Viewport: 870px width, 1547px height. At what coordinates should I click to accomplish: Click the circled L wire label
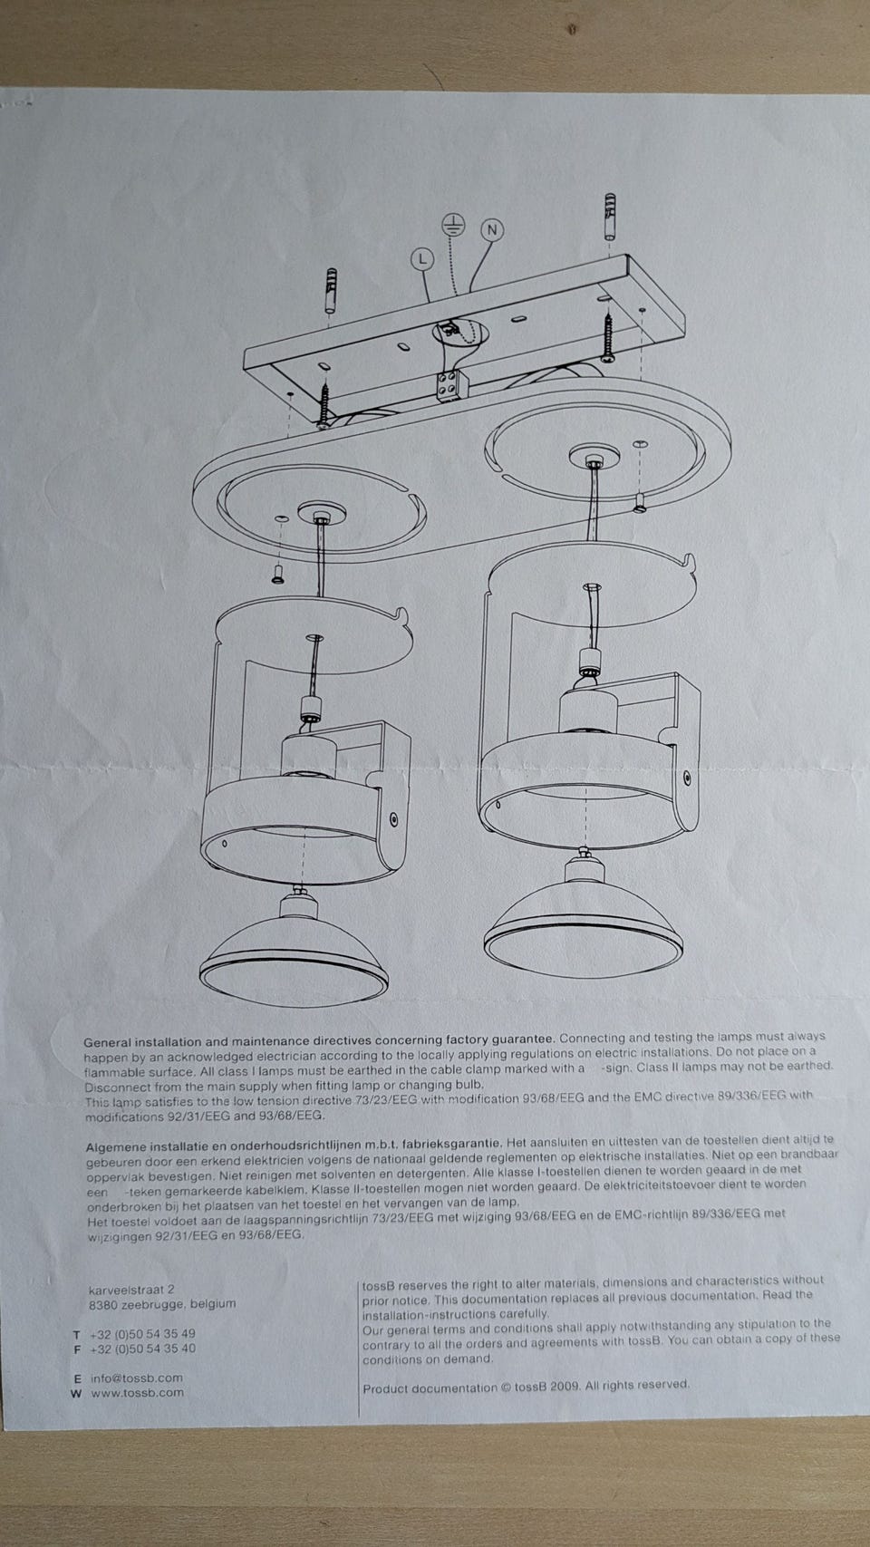pyautogui.click(x=422, y=259)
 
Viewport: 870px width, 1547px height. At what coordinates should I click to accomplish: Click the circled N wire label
pyautogui.click(x=492, y=229)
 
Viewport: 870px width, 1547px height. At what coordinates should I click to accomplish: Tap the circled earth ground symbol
pyautogui.click(x=454, y=223)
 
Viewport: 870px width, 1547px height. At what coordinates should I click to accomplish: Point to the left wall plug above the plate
pyautogui.click(x=330, y=291)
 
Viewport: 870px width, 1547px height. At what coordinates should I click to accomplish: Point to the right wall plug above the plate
pyautogui.click(x=611, y=217)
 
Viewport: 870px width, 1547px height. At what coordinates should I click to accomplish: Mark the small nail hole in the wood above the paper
pyautogui.click(x=572, y=31)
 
